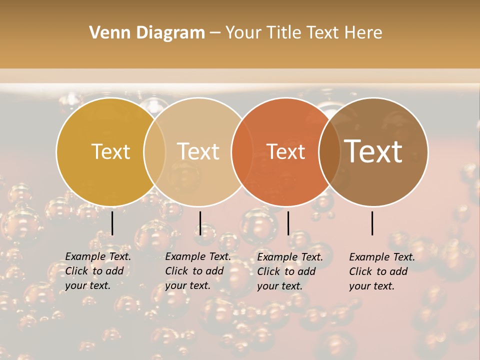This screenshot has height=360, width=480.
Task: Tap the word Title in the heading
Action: coord(284,33)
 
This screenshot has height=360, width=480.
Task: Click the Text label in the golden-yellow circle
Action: coord(110,151)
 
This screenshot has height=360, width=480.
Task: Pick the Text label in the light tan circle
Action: coord(198,151)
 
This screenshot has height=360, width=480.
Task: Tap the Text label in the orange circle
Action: coord(286,151)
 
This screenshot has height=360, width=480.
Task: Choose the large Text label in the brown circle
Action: coord(373,151)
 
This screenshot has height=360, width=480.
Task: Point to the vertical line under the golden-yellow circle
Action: coord(112,223)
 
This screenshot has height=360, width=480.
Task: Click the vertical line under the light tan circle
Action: coord(200,223)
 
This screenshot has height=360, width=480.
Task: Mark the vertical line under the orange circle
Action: coord(288,223)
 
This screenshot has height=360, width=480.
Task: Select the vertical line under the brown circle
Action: coord(372,223)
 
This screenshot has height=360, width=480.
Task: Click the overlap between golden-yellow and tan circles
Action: coord(154,151)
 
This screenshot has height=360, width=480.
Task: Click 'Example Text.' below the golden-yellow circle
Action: coord(98,256)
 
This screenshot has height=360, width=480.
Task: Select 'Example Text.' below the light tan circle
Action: coord(198,256)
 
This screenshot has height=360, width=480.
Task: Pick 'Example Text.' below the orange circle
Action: coord(290,257)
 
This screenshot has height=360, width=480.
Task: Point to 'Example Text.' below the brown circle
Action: coord(382,257)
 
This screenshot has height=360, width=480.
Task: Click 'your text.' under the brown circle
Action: coord(371,286)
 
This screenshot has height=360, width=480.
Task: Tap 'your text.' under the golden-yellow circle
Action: coord(87,286)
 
